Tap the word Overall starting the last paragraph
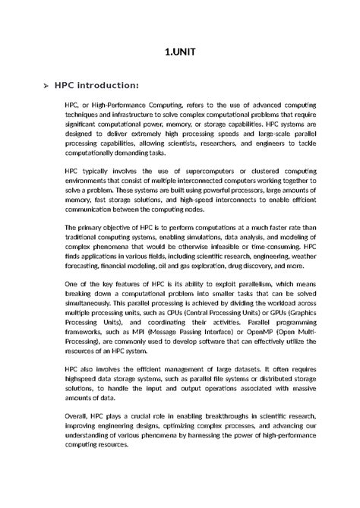[x=79, y=417]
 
